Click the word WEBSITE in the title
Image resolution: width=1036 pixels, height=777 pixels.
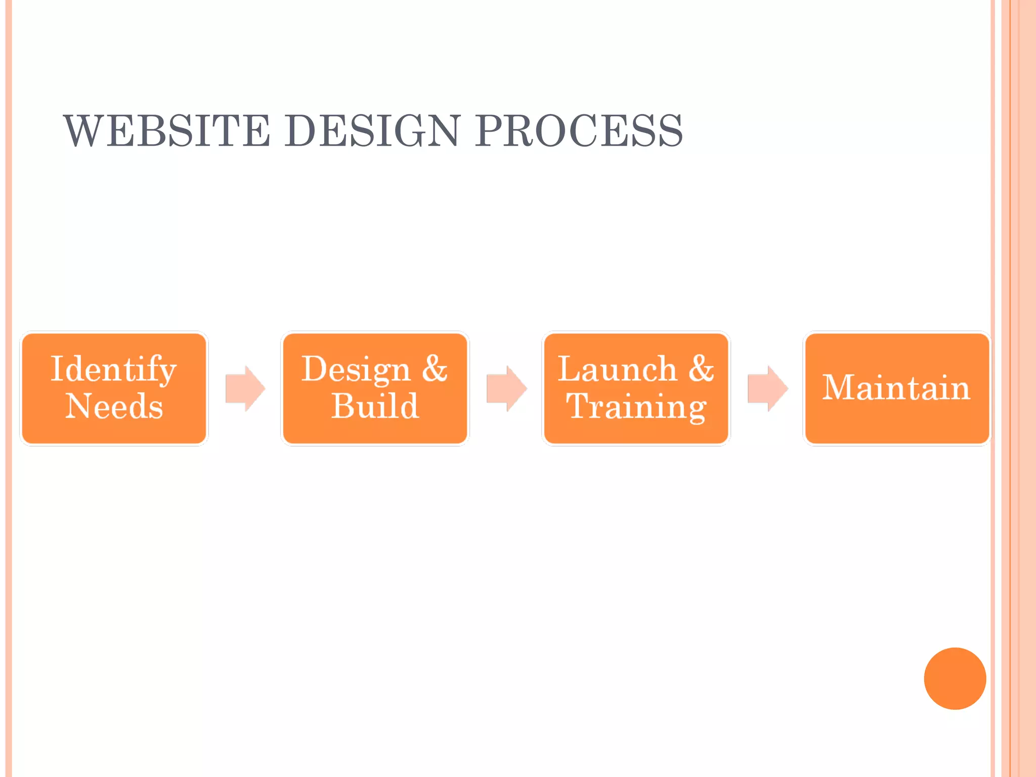click(167, 131)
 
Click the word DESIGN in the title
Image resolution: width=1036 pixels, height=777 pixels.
click(372, 131)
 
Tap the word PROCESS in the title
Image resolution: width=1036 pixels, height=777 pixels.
click(579, 131)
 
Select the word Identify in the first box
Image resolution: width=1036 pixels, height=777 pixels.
click(113, 370)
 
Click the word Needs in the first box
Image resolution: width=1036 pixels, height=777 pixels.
click(114, 406)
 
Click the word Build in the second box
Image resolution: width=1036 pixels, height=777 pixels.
click(375, 406)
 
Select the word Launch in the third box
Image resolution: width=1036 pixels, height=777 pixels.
click(617, 369)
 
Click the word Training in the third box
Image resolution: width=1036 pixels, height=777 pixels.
click(636, 407)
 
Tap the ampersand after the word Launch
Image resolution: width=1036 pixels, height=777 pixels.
click(701, 369)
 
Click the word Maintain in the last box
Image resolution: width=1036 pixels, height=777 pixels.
click(896, 387)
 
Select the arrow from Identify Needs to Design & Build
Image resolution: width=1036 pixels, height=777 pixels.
click(245, 388)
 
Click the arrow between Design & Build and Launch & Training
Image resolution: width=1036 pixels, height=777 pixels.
click(506, 388)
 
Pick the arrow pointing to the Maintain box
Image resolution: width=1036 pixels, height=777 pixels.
click(767, 388)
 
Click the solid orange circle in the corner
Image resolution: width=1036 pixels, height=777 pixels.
click(955, 678)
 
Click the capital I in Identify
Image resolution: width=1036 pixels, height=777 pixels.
click(57, 369)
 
